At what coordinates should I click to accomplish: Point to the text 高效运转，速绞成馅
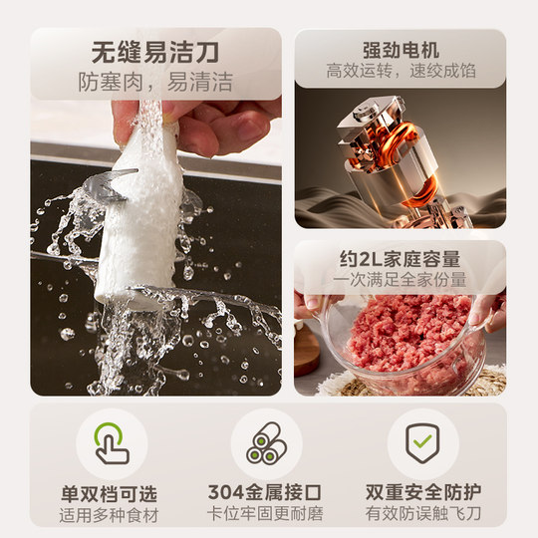(x=400, y=72)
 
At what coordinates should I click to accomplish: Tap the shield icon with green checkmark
(x=422, y=443)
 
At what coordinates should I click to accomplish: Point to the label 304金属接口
(x=266, y=491)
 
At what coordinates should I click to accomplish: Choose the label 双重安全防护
(x=422, y=491)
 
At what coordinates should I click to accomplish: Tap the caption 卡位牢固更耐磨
(x=266, y=514)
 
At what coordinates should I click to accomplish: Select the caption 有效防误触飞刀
(x=422, y=514)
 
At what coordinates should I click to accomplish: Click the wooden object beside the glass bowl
(x=307, y=348)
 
